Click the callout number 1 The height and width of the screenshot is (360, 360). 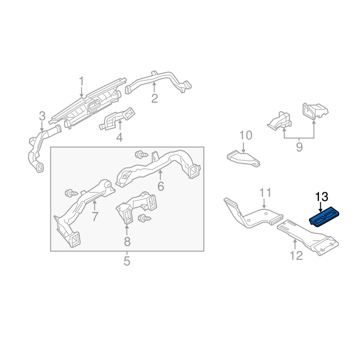tap(81, 82)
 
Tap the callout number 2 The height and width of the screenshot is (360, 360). tap(154, 98)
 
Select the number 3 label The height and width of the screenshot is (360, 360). tap(42, 117)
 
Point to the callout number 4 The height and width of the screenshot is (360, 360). tap(119, 137)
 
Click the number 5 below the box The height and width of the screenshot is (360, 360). tap(126, 261)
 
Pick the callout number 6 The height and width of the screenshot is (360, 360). tap(161, 186)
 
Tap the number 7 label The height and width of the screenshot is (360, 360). tap(95, 216)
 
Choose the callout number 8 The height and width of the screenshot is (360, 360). tap(127, 242)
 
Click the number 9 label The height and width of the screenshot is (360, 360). tap(299, 147)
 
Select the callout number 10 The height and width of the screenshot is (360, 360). tap(246, 135)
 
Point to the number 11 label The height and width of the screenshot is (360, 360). tap(265, 193)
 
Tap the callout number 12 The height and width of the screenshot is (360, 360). tap(297, 256)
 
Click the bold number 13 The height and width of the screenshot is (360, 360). tap(322, 196)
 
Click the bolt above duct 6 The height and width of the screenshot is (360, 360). tap(141, 154)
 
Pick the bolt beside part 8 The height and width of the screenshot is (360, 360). tap(144, 218)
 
